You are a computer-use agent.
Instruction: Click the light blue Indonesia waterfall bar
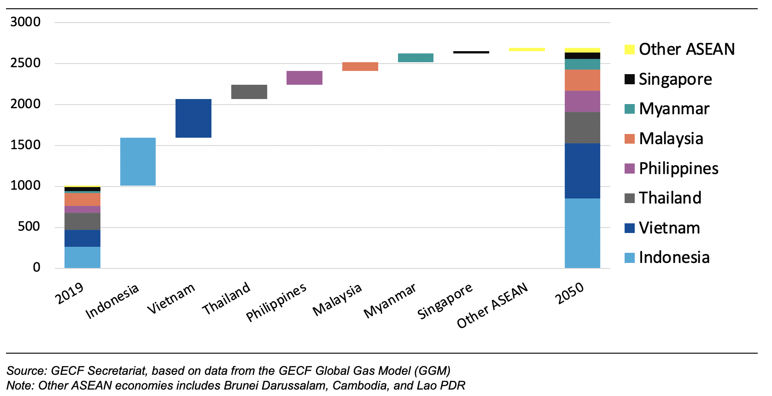[x=138, y=162]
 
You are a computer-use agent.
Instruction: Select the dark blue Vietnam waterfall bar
[x=193, y=118]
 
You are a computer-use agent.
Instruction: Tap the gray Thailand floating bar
[x=249, y=92]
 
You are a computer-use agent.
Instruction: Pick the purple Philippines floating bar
[x=304, y=78]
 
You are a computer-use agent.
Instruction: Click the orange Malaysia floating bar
[x=360, y=66]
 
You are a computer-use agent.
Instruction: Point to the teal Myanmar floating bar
[x=415, y=58]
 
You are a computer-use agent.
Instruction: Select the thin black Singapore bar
[x=471, y=52]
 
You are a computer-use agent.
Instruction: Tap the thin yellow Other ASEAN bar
[x=527, y=49]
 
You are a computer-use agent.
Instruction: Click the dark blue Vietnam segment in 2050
[x=582, y=171]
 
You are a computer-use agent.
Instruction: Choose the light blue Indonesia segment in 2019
[x=82, y=257]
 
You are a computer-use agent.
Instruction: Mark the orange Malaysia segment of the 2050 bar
[x=582, y=80]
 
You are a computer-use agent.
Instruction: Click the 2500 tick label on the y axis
[x=25, y=63]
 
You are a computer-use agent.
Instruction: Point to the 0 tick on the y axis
[x=36, y=268]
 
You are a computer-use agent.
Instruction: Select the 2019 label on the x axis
[x=69, y=293]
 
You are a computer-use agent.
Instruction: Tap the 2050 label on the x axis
[x=569, y=293]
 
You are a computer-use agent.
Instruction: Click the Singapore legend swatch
[x=629, y=79]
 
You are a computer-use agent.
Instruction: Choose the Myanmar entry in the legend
[x=674, y=109]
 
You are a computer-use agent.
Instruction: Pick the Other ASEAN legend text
[x=686, y=49]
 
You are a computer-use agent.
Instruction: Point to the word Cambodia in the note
[x=359, y=385]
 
